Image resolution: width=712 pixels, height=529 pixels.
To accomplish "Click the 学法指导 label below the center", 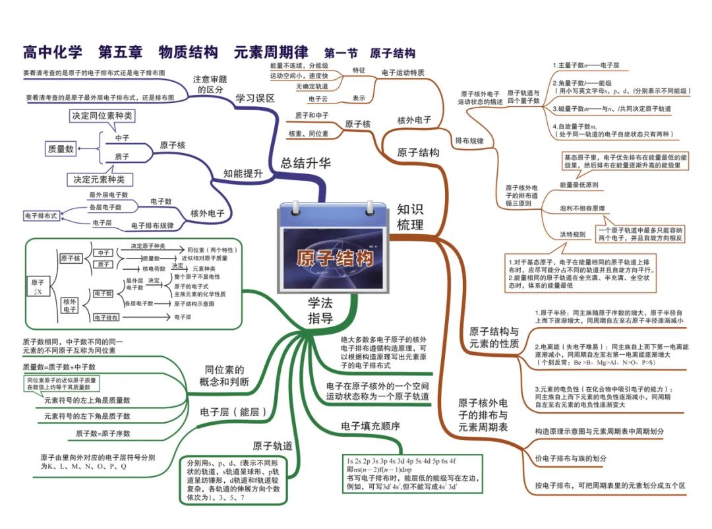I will coord(320,311).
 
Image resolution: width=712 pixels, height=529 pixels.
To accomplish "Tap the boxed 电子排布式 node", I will coord(42,215).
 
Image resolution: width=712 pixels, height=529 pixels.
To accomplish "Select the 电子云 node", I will coord(318,99).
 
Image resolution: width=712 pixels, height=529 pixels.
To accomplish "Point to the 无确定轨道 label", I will coord(312,86).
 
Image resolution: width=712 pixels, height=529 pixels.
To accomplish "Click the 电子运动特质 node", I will coord(403,72).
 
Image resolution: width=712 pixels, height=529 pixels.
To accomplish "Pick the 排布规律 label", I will coord(469,141).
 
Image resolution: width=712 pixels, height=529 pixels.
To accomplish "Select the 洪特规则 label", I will coord(572,234).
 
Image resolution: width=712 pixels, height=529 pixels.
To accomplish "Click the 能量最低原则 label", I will coord(579,185).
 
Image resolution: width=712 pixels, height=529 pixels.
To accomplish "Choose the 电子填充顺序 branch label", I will coord(371,427).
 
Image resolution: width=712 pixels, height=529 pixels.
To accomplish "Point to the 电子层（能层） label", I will coord(233,412).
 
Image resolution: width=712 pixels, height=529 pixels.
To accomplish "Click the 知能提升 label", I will coord(243,173).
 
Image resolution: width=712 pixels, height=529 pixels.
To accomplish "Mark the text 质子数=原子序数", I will coord(103,433).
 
